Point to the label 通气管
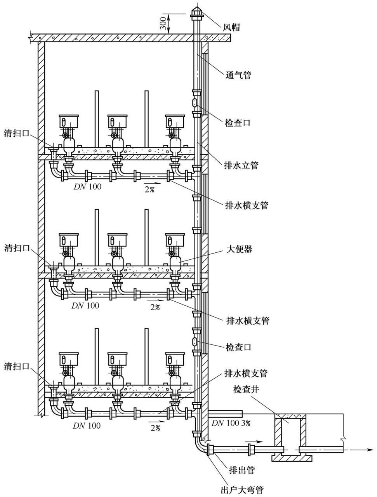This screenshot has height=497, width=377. (x=238, y=75)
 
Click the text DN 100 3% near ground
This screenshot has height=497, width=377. (x=231, y=423)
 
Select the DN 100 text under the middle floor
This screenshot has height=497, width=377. (x=85, y=306)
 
